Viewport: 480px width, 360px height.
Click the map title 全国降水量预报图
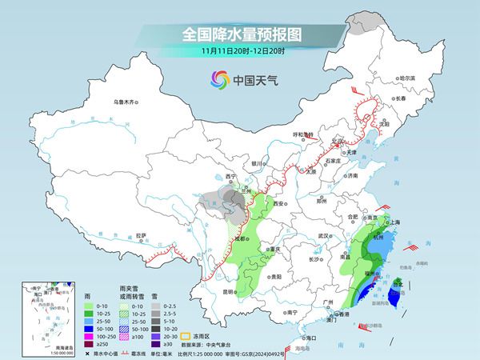click(239, 35)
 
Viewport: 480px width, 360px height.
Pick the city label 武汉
click(324, 236)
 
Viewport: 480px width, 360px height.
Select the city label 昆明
click(230, 291)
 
